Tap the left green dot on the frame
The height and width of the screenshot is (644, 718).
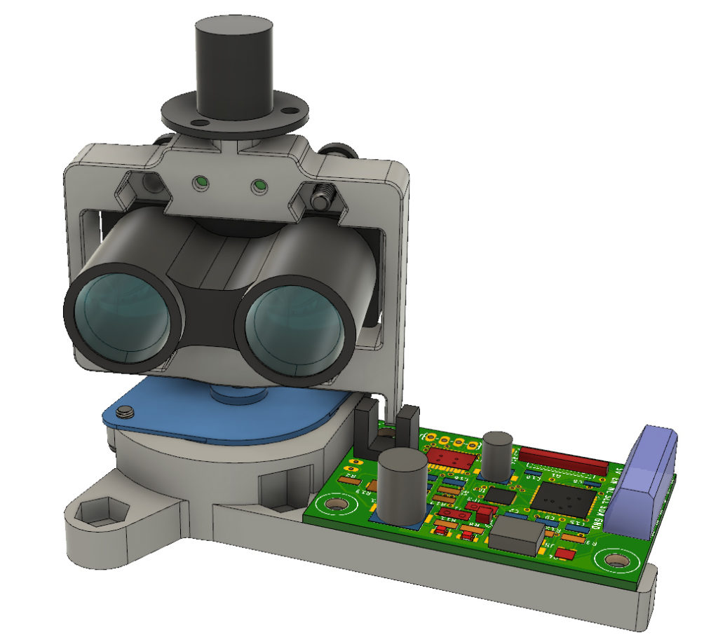tap(201, 182)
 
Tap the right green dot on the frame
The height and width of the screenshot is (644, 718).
tap(259, 186)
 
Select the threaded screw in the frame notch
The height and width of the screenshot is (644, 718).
tap(323, 197)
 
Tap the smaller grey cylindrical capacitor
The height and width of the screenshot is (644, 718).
tap(498, 455)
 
